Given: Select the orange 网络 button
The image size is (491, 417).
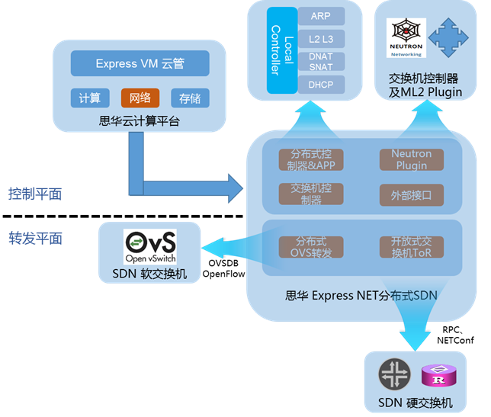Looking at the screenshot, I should click(140, 98).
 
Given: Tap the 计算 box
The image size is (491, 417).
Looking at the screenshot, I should click(89, 98).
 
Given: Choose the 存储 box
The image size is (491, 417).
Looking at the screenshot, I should click(190, 98).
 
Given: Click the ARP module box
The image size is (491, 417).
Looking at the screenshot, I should click(321, 16).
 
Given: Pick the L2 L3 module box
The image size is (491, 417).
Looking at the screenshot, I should click(321, 38).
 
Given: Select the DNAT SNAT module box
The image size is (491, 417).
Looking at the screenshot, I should click(321, 61).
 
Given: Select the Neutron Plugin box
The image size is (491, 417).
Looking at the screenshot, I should click(411, 159).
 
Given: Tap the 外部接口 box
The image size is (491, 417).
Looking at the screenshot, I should click(411, 195).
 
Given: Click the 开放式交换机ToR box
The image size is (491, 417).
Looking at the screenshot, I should click(411, 247).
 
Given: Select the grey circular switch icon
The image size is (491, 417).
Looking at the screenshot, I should click(395, 375).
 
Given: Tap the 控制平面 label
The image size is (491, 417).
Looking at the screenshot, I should click(35, 194).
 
